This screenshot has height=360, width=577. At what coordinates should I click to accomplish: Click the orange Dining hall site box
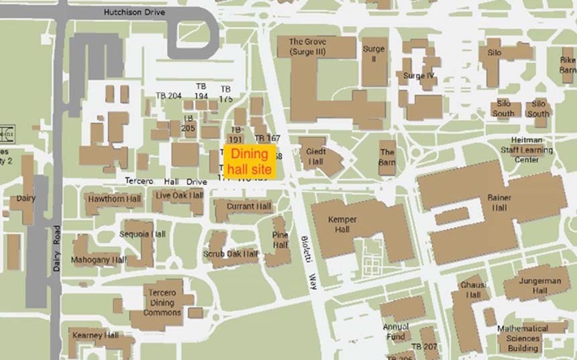(250, 160)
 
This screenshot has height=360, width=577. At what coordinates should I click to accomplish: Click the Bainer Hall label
(499, 202)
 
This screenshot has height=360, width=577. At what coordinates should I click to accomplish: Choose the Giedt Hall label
(315, 157)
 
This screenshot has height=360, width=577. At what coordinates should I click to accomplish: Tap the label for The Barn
(387, 157)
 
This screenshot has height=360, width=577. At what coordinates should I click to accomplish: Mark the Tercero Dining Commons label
(162, 303)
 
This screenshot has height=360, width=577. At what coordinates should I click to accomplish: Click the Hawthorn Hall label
(114, 200)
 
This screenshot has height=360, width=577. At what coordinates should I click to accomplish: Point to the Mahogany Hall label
(100, 259)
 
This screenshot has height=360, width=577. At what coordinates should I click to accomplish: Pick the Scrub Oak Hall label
(231, 254)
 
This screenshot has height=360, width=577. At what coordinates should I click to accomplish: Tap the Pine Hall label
(280, 240)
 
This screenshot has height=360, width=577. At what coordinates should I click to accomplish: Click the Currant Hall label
(248, 206)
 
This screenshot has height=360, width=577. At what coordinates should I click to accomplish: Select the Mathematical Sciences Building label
(523, 339)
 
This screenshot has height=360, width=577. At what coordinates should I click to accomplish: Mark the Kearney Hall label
(95, 335)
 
